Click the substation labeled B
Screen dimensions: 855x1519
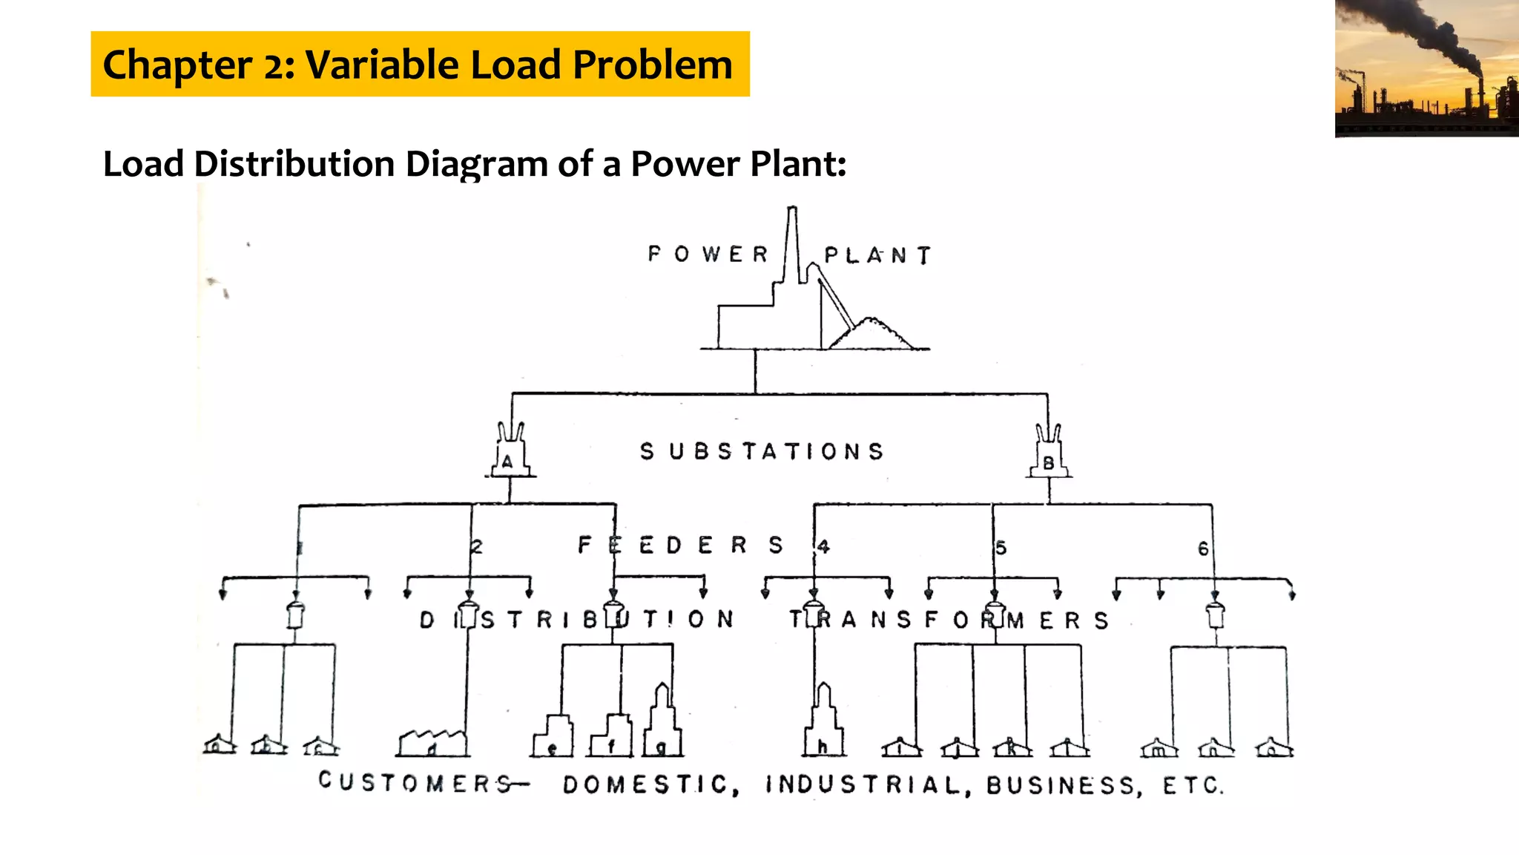pyautogui.click(x=1049, y=454)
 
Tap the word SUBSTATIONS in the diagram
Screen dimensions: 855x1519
pyautogui.click(x=762, y=451)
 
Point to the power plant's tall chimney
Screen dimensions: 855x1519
pyautogui.click(x=792, y=245)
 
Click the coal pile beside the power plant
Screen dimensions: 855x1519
pyautogui.click(x=873, y=335)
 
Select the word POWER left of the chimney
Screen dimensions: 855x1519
pyautogui.click(x=708, y=255)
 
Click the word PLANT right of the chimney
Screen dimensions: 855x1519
pyautogui.click(x=877, y=256)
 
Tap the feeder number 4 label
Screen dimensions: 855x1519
pyautogui.click(x=823, y=547)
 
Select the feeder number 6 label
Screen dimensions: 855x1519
pyautogui.click(x=1203, y=549)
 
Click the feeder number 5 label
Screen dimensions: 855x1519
pyautogui.click(x=1001, y=548)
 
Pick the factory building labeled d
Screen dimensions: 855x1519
pyautogui.click(x=432, y=743)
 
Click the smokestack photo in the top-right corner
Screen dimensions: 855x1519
pyautogui.click(x=1426, y=68)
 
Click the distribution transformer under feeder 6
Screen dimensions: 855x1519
pyautogui.click(x=1215, y=615)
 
